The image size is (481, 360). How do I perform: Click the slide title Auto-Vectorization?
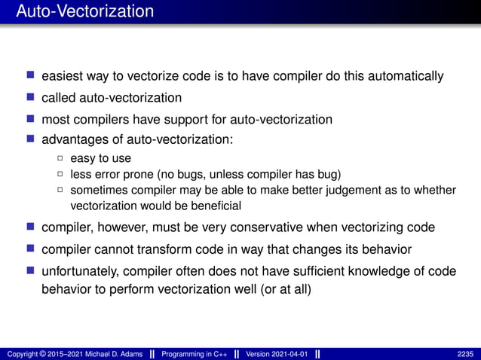click(84, 12)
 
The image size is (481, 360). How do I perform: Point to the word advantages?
click(73, 140)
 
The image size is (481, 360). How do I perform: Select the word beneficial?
click(215, 206)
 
